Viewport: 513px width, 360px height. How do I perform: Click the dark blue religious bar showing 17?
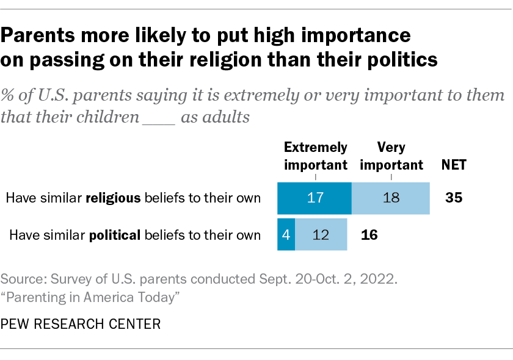click(x=315, y=198)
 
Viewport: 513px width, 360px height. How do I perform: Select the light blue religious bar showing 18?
click(x=390, y=198)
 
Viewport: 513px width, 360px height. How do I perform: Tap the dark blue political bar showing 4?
click(x=286, y=235)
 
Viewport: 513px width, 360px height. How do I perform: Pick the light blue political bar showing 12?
click(x=321, y=235)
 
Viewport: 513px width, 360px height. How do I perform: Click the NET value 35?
click(x=454, y=198)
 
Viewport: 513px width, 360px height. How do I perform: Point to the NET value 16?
click(x=370, y=235)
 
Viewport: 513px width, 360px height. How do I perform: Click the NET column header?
click(x=454, y=165)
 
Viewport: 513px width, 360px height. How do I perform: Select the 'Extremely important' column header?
click(x=315, y=156)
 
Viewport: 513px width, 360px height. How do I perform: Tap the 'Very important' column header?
click(x=391, y=156)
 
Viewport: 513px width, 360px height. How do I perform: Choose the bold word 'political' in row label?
click(x=115, y=235)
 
